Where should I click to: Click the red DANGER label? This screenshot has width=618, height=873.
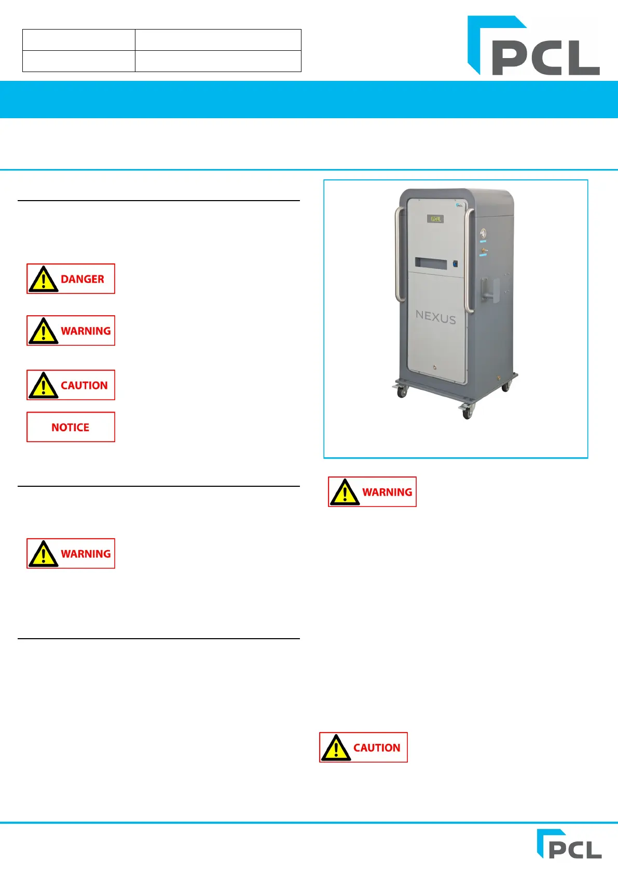(x=71, y=279)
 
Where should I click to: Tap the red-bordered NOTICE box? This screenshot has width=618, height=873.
(x=71, y=427)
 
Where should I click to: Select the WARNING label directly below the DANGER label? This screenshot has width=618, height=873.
(x=71, y=331)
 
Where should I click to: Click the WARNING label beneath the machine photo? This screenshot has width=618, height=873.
(x=372, y=492)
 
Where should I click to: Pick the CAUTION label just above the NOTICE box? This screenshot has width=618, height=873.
(x=71, y=385)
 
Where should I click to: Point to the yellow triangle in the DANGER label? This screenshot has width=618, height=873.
(x=44, y=280)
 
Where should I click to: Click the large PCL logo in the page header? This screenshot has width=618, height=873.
(x=533, y=46)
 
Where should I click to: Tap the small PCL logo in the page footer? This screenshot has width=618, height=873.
(x=569, y=844)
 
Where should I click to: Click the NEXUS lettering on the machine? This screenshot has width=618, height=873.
(x=435, y=317)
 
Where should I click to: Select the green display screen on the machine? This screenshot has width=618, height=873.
(x=435, y=219)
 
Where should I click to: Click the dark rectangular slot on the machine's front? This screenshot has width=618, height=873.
(x=430, y=263)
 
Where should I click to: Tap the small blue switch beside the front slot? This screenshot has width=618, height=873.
(x=456, y=263)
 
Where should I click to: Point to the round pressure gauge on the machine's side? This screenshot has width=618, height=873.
(x=483, y=233)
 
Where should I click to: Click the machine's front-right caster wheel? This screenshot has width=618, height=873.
(x=467, y=412)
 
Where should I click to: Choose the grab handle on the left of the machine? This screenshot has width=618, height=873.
(x=399, y=254)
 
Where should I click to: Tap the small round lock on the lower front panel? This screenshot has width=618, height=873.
(x=435, y=368)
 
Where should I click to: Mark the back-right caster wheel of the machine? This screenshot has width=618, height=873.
(x=505, y=386)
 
